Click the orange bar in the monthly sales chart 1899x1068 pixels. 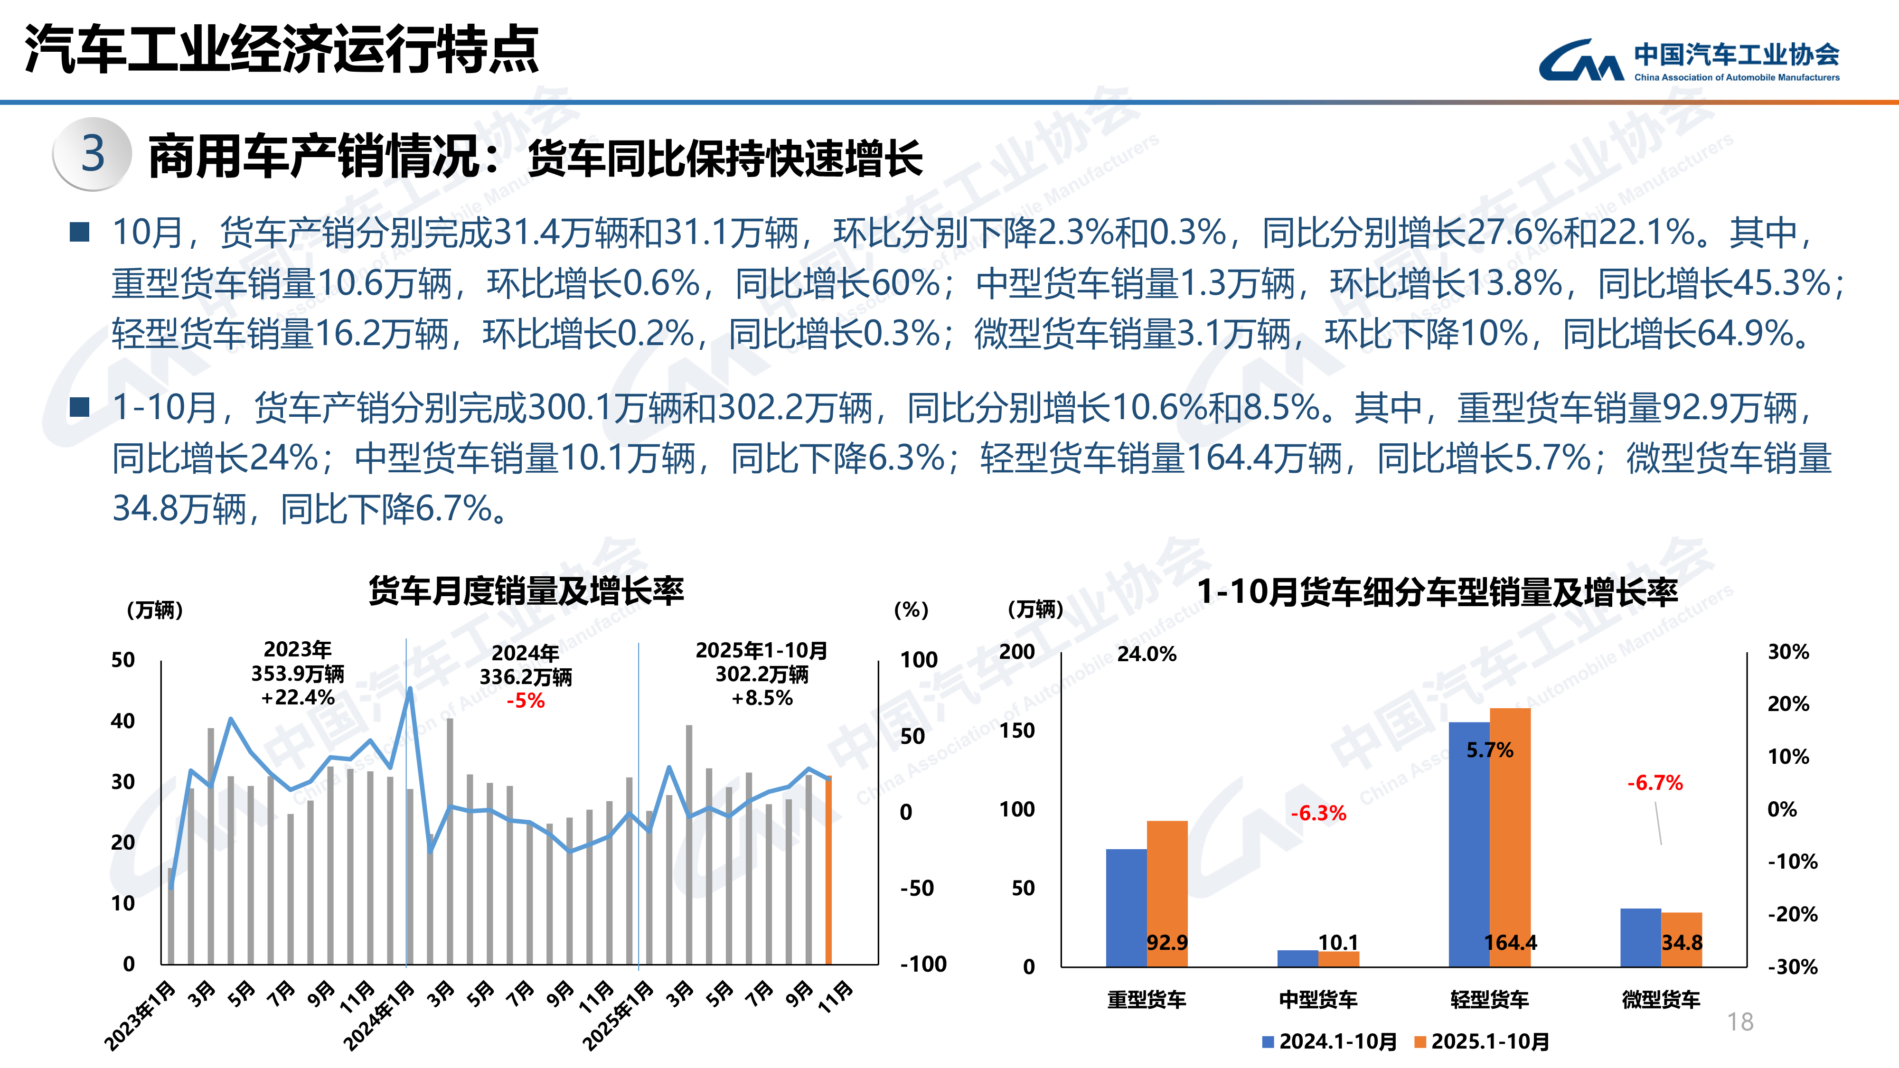click(x=828, y=870)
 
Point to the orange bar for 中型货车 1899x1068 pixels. click(x=1339, y=958)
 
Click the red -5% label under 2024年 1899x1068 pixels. click(x=526, y=700)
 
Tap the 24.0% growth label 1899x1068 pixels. click(x=1147, y=654)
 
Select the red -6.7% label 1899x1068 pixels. click(x=1655, y=783)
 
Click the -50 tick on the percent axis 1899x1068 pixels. click(x=916, y=888)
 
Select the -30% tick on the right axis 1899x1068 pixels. click(x=1792, y=966)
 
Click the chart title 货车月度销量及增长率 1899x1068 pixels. click(x=526, y=591)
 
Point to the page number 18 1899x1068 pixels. click(x=1740, y=1021)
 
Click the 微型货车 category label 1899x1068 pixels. click(x=1660, y=1000)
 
